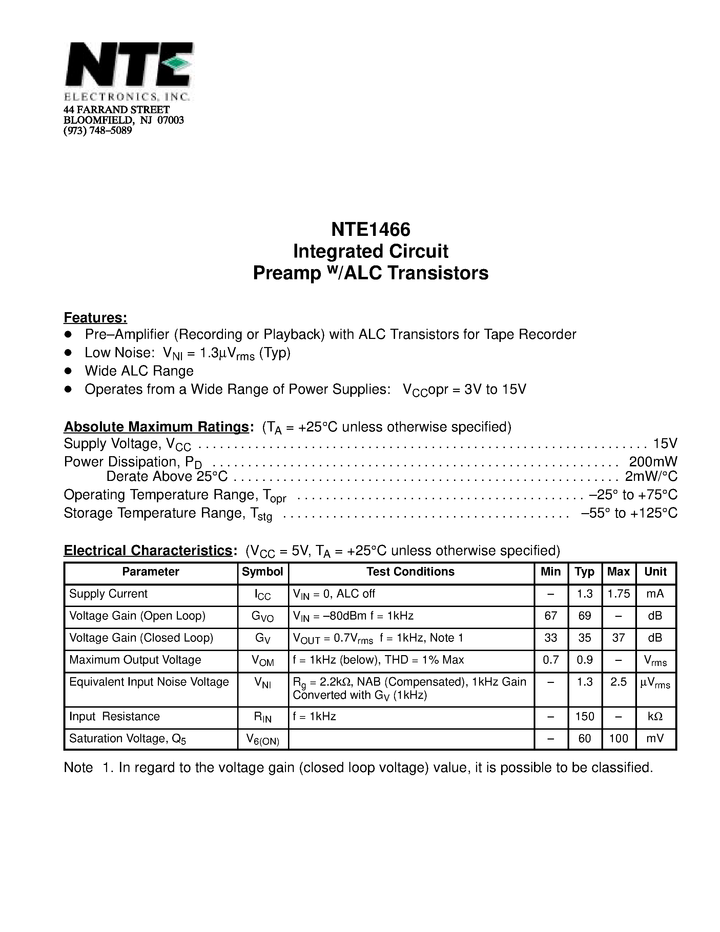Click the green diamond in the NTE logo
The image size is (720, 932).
pos(179,63)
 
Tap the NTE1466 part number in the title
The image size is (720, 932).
pos(370,229)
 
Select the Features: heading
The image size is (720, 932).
pos(95,318)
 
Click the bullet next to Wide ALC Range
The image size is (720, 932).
pos(68,371)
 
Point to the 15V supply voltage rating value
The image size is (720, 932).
pos(665,444)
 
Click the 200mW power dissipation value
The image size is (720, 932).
pos(653,462)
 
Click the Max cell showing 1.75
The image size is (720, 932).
pos(618,594)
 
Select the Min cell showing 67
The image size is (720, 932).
pos(551,615)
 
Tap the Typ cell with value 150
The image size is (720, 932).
pos(584,716)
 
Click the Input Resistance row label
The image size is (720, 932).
pos(114,716)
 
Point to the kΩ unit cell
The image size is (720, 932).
pos(655,716)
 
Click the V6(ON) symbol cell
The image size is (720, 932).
pos(263,739)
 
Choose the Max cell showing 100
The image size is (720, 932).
pos(618,739)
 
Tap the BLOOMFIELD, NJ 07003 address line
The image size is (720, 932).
pos(124,120)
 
